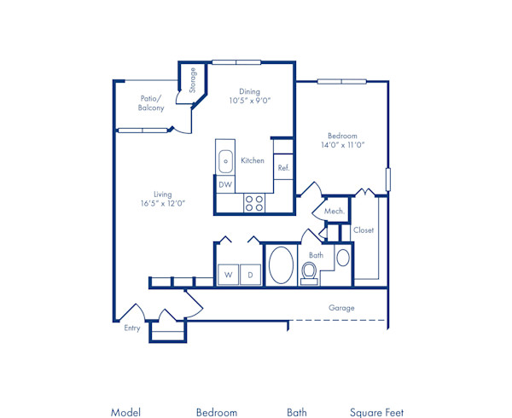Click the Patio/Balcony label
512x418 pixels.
tap(152, 103)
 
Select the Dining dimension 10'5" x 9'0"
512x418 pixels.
tap(250, 101)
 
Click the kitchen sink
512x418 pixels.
tap(226, 160)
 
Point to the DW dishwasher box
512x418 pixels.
tap(225, 184)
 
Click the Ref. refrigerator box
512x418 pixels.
tap(283, 168)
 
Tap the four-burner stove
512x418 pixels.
tap(253, 203)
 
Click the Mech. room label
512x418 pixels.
tap(334, 211)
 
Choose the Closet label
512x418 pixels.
tap(364, 230)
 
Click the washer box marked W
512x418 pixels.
tap(228, 275)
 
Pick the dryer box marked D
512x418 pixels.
tap(251, 275)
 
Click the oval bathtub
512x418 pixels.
tap(281, 265)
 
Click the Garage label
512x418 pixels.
tap(341, 308)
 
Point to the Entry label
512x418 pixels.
tap(132, 328)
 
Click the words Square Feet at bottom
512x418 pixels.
tap(376, 413)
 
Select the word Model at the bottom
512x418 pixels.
tap(125, 413)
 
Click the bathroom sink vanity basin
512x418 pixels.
tap(342, 258)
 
